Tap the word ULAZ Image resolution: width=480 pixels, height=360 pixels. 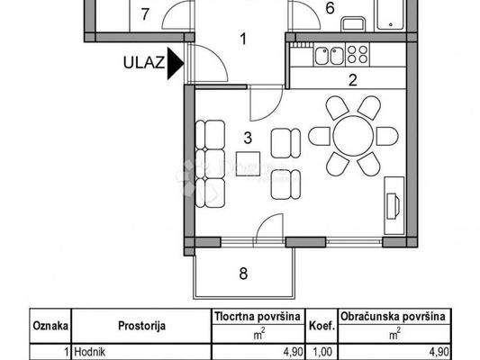click(143, 63)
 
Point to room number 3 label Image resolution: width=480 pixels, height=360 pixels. click(246, 138)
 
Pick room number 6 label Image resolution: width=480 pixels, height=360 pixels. click(330, 10)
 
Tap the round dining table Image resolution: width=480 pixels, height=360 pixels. click(353, 136)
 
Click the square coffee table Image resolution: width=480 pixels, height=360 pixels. click(248, 164)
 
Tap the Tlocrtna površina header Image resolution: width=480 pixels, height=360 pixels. click(250, 318)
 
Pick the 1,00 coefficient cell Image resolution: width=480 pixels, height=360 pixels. click(322, 351)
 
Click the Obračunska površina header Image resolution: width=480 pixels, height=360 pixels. click(394, 318)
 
